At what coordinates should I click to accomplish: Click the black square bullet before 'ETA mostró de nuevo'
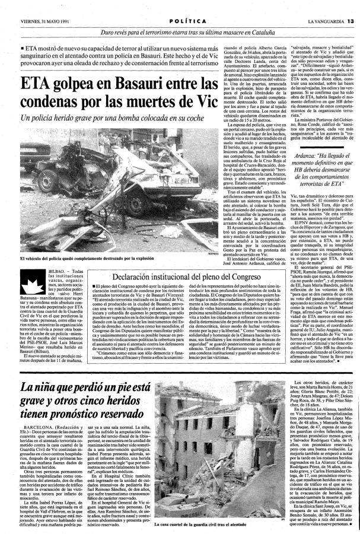(23, 45)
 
